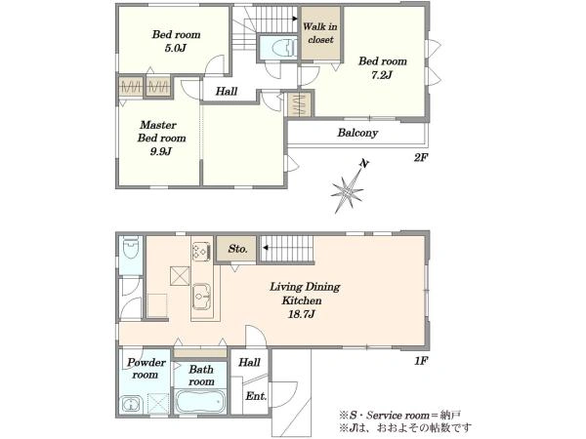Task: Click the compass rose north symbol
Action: click(x=348, y=187)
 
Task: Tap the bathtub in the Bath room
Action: click(x=200, y=401)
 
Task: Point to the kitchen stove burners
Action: click(x=201, y=252)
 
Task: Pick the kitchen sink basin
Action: click(x=202, y=297)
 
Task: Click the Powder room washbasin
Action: click(x=131, y=404)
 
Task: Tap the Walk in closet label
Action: click(x=320, y=33)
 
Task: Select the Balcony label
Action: click(x=357, y=133)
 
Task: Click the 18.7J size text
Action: click(x=301, y=314)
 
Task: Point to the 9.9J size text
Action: click(x=161, y=151)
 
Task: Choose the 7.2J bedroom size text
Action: click(x=382, y=75)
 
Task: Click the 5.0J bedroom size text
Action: click(x=175, y=48)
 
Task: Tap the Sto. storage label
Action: click(x=237, y=249)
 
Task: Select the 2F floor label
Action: click(x=420, y=157)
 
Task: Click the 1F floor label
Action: click(x=420, y=361)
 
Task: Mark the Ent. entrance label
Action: click(x=256, y=396)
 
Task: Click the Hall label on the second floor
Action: click(x=227, y=91)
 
